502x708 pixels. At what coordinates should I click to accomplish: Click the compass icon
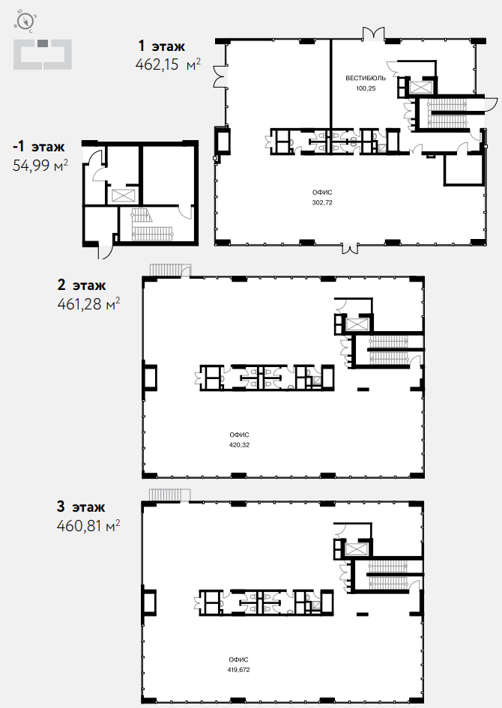26,21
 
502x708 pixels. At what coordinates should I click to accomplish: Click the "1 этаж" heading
161,46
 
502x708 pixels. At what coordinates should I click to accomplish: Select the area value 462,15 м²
168,64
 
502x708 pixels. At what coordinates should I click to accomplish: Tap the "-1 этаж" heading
39,147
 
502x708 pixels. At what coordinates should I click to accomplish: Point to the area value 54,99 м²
40,166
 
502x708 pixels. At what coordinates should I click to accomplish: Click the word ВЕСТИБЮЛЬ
366,78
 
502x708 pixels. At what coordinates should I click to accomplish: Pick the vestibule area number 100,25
366,88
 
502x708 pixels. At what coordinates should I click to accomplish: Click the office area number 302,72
322,203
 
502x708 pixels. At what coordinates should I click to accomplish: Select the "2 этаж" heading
82,285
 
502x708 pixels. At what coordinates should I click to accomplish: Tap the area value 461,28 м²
89,304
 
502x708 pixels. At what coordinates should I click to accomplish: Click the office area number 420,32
239,445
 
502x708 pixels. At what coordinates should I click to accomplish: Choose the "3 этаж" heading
81,506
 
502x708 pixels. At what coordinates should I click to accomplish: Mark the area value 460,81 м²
88,526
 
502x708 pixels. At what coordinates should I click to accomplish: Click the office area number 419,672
239,670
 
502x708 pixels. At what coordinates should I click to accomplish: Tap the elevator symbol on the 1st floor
420,87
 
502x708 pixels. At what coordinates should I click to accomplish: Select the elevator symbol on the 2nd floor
357,324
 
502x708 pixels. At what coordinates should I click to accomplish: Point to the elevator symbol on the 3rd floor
357,548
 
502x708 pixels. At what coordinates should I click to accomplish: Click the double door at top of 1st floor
375,34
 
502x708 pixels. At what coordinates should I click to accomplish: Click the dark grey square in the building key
42,43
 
